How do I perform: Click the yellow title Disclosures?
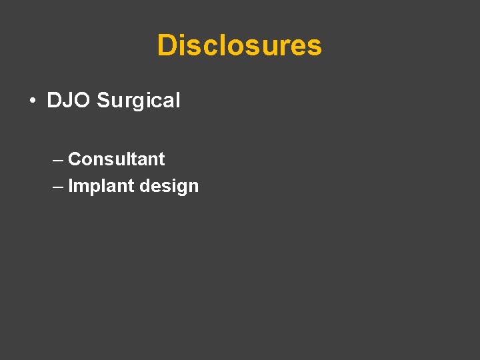(239, 45)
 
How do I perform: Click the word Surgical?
(139, 101)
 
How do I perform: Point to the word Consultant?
(116, 159)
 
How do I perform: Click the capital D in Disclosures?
(167, 45)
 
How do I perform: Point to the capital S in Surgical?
(103, 101)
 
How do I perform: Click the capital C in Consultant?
(75, 159)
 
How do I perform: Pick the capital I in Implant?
(71, 186)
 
